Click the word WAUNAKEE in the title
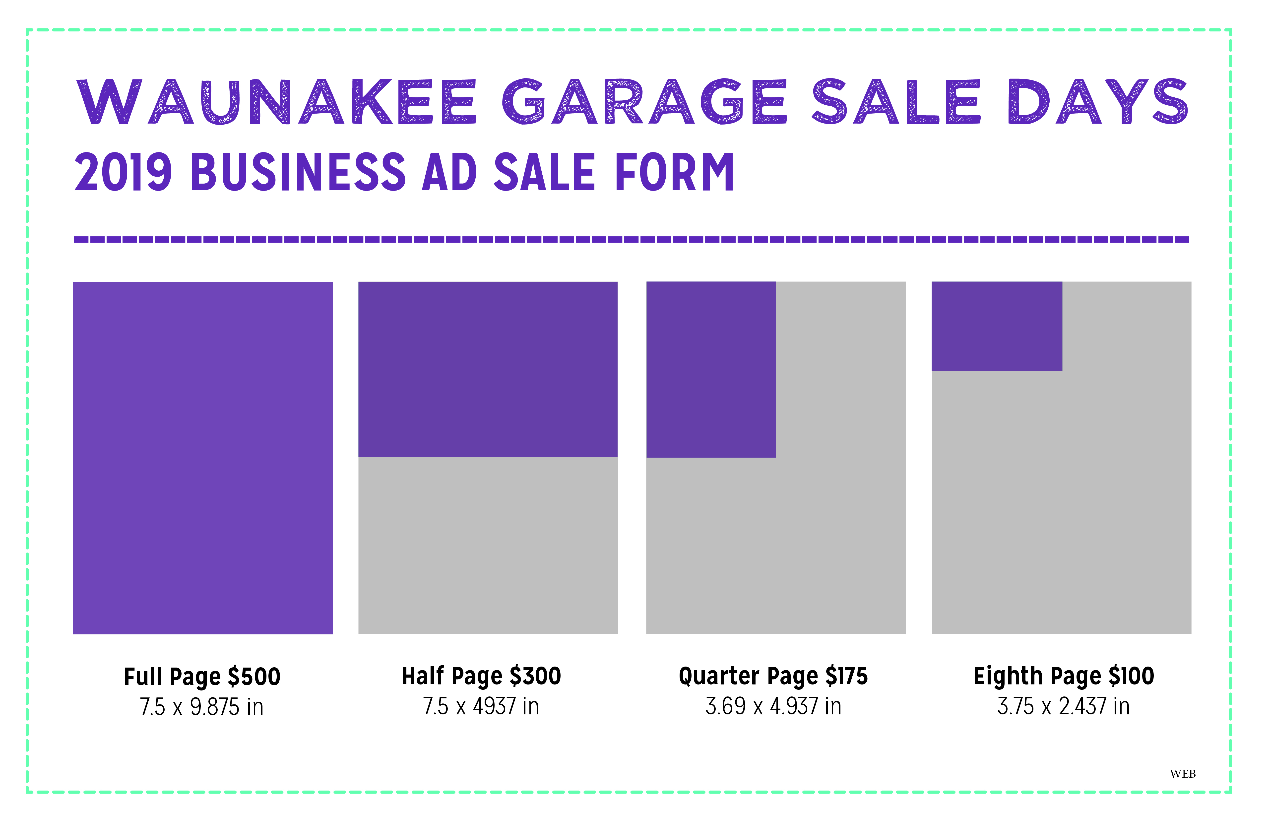276,102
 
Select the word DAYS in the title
1098,102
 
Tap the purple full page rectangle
203,458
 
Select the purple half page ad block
488,369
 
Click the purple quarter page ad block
711,369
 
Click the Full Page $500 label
202,677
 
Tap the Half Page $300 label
481,676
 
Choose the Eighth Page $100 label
1064,676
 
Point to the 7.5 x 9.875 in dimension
202,707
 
